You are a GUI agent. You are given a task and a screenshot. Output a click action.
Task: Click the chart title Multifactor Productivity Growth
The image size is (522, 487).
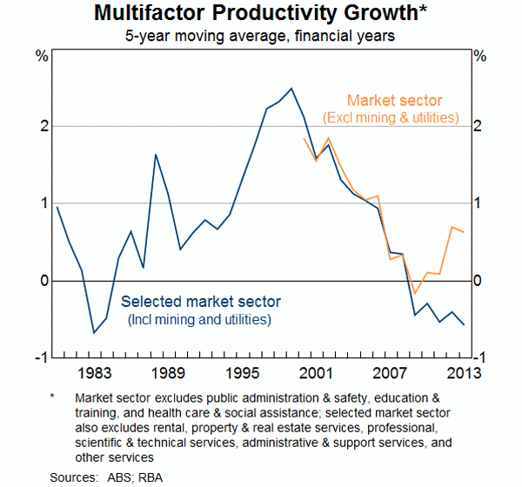(x=261, y=14)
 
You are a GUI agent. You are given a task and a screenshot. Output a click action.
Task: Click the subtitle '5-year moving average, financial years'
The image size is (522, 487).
(x=261, y=36)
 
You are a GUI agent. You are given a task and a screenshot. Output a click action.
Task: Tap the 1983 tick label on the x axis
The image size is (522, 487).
(x=94, y=374)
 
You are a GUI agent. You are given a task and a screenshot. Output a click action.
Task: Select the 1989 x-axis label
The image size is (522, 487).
(x=167, y=374)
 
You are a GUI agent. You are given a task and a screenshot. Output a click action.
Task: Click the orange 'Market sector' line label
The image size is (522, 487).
(x=394, y=101)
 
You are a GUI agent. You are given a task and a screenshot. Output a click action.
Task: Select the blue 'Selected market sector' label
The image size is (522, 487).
(x=201, y=302)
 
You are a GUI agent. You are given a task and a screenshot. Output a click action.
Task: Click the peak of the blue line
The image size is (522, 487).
(x=291, y=88)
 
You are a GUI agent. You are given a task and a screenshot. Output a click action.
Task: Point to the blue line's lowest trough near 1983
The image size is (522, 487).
(x=94, y=332)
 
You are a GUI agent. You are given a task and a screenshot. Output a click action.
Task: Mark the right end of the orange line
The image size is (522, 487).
(x=464, y=231)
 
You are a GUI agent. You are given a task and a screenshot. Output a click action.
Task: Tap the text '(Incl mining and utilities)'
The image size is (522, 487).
(x=201, y=319)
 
